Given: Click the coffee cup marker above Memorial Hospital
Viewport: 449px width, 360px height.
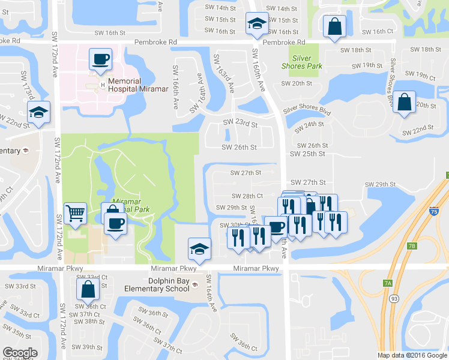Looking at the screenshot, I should click(100, 59).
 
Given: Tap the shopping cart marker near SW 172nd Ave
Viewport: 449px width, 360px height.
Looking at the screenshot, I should click(75, 213).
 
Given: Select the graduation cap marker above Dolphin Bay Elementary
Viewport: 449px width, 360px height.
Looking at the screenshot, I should click(199, 248).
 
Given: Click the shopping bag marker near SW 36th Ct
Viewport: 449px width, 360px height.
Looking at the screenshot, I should click(88, 289).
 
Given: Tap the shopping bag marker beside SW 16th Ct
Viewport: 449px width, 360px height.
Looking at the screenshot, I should click(334, 26).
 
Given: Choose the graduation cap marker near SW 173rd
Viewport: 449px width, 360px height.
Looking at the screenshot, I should click(38, 112).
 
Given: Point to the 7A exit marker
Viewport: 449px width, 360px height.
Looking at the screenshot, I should click(388, 283).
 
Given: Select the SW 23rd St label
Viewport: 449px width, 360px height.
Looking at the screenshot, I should click(240, 124).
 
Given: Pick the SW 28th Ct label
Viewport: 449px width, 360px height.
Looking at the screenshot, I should click(247, 196).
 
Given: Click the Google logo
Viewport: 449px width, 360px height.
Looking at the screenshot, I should click(20, 353).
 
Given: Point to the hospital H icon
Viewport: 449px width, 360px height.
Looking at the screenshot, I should click(103, 85).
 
